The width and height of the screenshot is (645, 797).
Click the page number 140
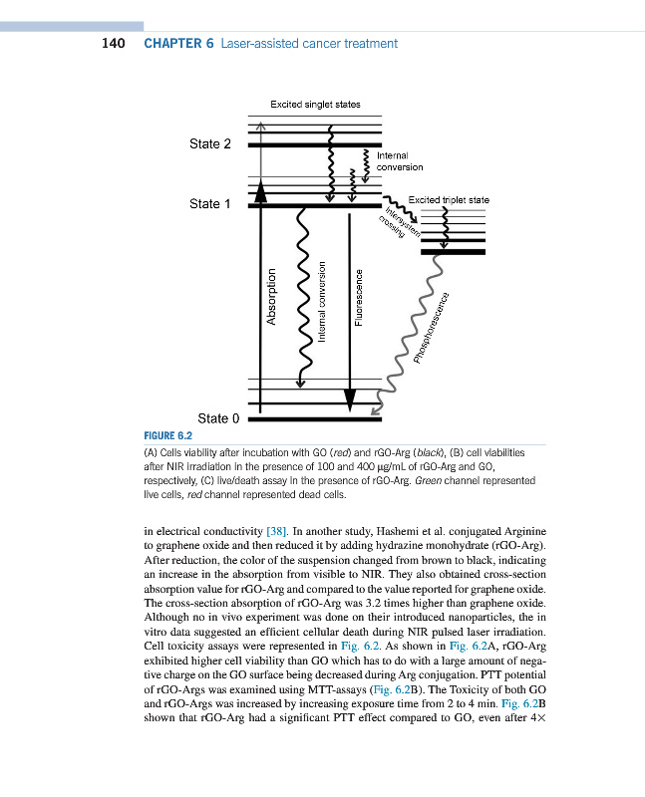click(113, 43)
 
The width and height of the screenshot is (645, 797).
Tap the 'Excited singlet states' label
click(315, 104)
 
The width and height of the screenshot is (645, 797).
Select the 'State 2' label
click(210, 143)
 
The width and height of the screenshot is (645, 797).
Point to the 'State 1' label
click(210, 203)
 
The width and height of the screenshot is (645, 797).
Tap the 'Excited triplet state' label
click(449, 200)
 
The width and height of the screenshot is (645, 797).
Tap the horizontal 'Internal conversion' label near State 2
click(399, 161)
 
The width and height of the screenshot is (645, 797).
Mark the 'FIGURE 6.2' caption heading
click(168, 436)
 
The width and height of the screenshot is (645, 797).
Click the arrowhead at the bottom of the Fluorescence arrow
click(349, 399)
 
